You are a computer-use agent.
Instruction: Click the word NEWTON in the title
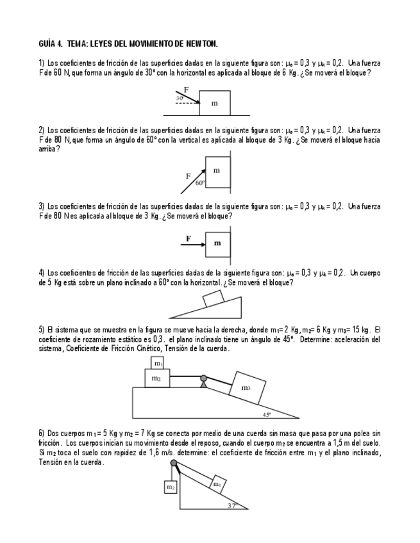(x=201, y=44)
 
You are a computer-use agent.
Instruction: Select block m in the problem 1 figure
(x=214, y=102)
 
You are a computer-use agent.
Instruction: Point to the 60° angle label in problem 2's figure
(x=199, y=182)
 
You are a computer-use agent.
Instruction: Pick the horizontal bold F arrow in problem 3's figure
(x=193, y=243)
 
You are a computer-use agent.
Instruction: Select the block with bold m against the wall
(x=217, y=243)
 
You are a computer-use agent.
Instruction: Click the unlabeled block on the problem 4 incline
(x=213, y=298)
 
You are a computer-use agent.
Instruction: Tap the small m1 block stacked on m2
(x=158, y=363)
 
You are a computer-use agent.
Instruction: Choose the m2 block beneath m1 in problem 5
(x=157, y=378)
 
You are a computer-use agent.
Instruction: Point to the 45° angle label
(x=266, y=414)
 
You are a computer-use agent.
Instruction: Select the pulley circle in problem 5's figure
(x=203, y=378)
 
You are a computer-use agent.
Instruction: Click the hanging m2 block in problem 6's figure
(x=171, y=487)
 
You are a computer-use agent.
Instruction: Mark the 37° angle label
(x=232, y=505)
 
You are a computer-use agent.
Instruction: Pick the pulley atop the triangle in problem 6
(x=173, y=462)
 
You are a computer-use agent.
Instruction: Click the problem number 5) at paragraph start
(x=42, y=329)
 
